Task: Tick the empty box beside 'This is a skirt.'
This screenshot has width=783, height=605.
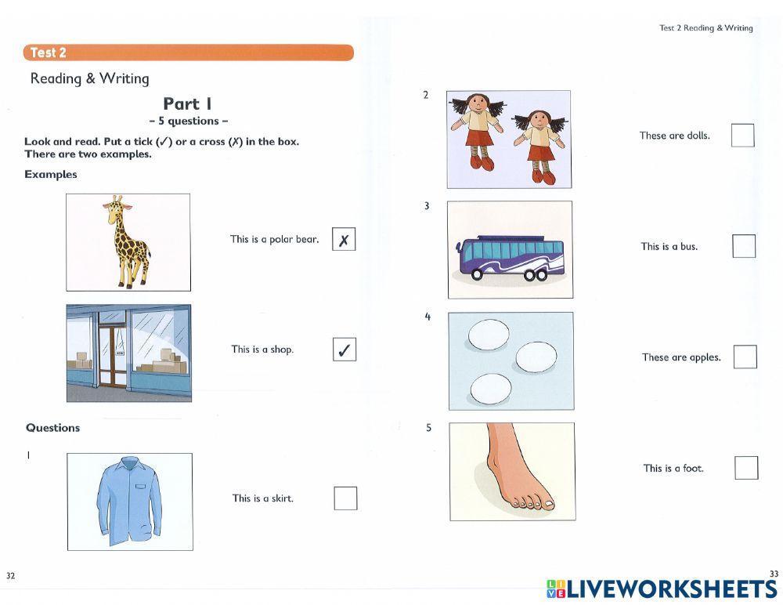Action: (x=345, y=498)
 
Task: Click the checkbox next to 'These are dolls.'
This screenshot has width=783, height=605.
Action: (x=742, y=136)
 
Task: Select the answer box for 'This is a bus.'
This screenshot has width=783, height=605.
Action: (x=744, y=246)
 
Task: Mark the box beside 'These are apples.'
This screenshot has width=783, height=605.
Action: (x=745, y=357)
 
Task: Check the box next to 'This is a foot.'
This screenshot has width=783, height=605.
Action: (x=746, y=468)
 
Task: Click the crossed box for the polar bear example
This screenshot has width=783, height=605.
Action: (x=344, y=239)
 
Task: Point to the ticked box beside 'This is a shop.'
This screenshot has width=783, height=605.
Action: (x=344, y=350)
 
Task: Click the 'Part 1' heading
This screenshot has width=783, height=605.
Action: (x=188, y=103)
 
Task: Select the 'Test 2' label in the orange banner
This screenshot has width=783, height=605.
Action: (x=48, y=53)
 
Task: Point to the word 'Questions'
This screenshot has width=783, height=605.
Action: (x=53, y=428)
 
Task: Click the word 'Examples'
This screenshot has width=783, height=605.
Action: (x=51, y=175)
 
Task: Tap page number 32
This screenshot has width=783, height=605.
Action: (x=10, y=576)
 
